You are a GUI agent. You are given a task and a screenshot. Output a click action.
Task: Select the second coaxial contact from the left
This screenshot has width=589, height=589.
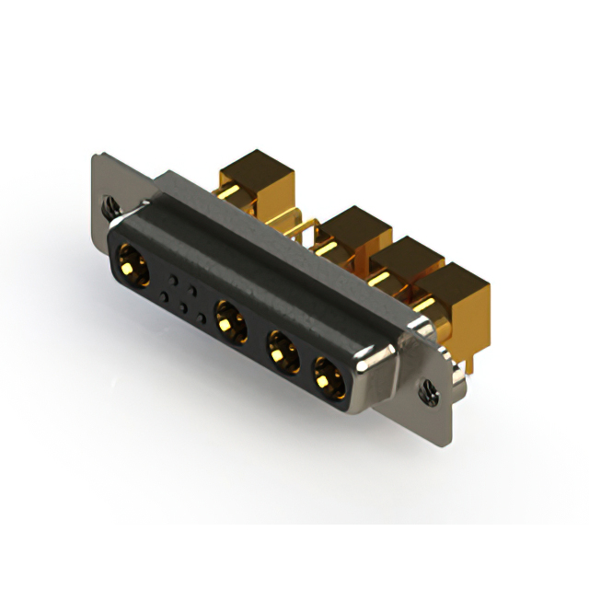pyautogui.click(x=229, y=321)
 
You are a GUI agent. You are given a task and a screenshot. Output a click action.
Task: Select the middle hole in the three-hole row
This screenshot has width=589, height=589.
pyautogui.click(x=184, y=307)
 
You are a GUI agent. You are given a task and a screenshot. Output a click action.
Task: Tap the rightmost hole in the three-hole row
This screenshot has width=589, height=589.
pyautogui.click(x=202, y=318)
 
